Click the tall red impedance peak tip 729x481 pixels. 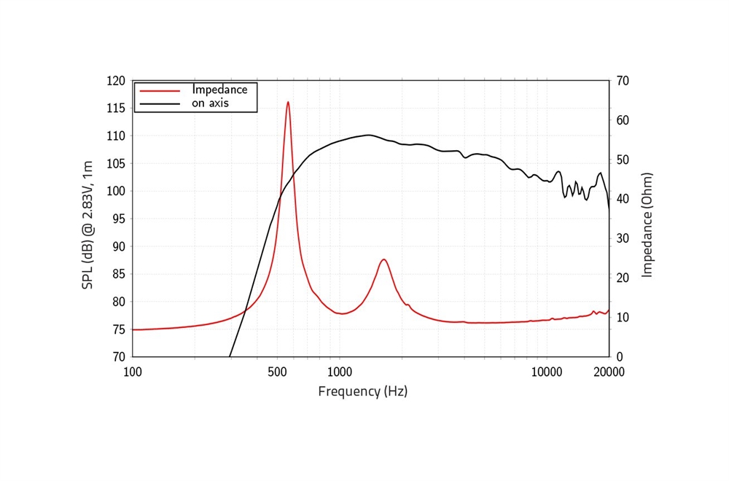click(288, 103)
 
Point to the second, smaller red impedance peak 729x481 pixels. click(383, 259)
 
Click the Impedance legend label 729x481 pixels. click(219, 90)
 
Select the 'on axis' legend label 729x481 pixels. click(211, 103)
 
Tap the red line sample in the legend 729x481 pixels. click(160, 90)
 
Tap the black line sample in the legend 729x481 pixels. click(160, 103)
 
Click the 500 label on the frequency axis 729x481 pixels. click(276, 372)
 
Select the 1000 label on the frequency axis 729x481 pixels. click(338, 372)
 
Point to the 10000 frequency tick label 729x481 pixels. click(547, 372)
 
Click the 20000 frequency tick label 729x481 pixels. click(609, 372)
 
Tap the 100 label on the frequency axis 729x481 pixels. click(133, 372)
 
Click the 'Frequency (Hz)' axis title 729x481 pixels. click(362, 391)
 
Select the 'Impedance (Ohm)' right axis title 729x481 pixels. click(647, 224)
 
